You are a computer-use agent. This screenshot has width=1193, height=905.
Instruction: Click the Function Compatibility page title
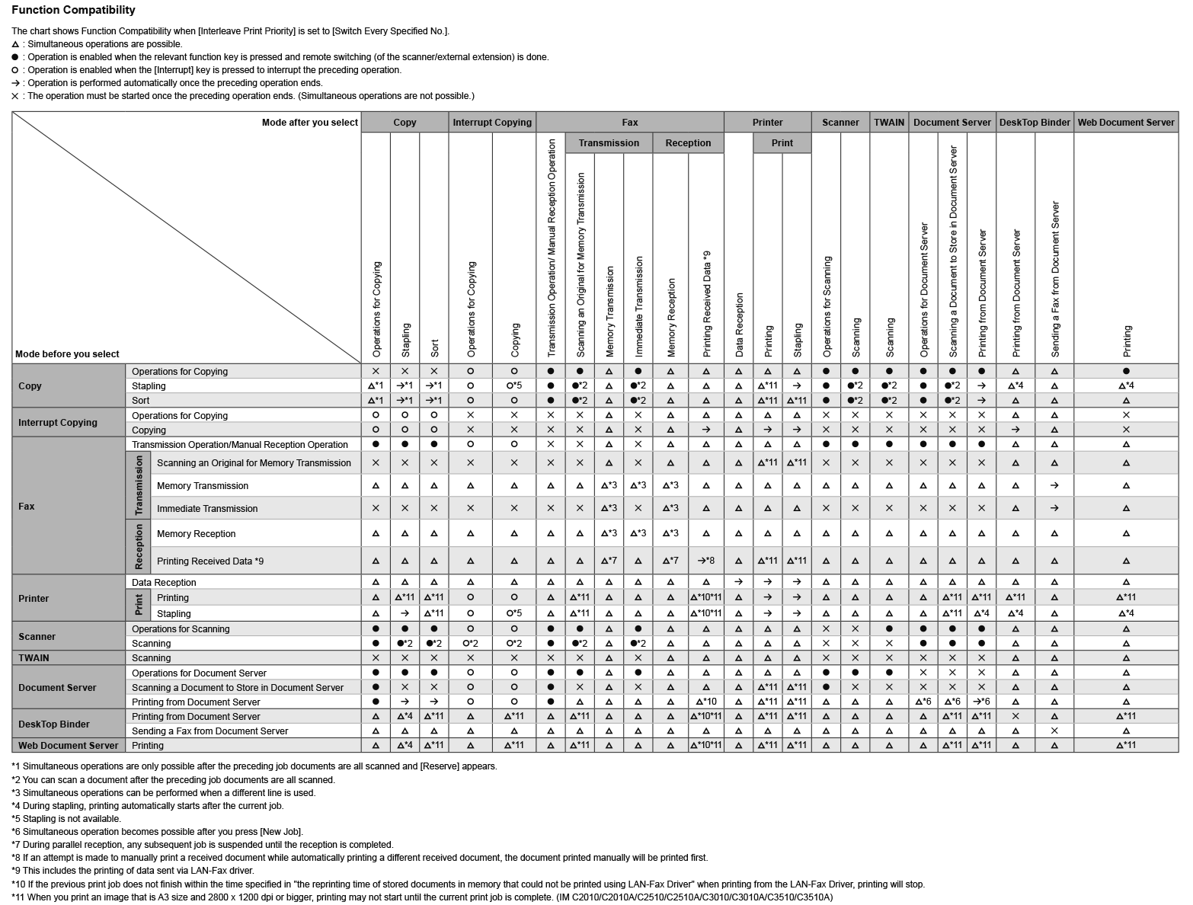point(73,10)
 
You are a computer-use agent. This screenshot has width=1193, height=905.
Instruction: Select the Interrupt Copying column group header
point(492,122)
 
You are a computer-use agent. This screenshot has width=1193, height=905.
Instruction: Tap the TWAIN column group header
point(889,122)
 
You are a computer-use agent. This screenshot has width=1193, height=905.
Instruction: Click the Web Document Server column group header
point(1126,122)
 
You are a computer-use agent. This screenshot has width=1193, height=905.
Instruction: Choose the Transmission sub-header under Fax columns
point(609,142)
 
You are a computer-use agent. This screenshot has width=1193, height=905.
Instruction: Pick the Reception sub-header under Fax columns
point(688,142)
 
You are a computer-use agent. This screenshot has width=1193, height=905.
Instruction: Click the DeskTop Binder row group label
point(54,724)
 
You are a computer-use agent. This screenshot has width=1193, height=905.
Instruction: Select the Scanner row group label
point(37,636)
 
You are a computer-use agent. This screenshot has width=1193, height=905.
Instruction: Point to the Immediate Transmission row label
point(207,508)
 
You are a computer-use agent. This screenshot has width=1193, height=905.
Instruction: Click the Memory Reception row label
point(196,533)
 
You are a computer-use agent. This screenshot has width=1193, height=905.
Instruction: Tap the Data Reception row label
point(164,582)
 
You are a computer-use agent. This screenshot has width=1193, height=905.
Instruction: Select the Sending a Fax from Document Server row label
point(209,731)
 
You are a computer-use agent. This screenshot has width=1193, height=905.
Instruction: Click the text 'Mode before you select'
point(67,353)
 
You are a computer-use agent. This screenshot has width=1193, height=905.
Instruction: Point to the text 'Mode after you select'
point(309,122)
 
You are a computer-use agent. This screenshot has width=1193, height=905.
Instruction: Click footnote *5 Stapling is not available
point(66,819)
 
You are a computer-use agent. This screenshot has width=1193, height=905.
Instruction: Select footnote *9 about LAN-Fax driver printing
point(133,871)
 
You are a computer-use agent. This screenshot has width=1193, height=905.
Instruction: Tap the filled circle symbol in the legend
point(15,57)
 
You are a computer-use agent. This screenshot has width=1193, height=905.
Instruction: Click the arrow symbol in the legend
point(15,83)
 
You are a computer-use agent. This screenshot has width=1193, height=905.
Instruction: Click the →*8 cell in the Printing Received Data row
point(706,561)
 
